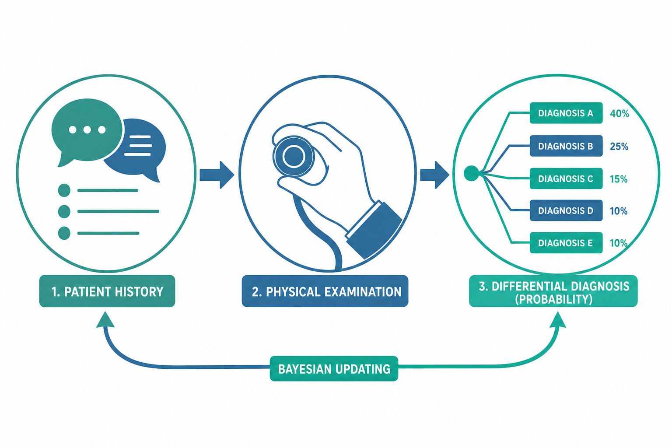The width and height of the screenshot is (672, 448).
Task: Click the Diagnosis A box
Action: coord(566,113)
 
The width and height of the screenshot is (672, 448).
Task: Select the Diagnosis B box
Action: coord(566,146)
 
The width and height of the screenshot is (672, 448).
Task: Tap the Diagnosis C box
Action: coord(566,178)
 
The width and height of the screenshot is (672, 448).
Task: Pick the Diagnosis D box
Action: coord(566,210)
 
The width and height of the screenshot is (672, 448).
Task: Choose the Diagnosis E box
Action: coord(566,243)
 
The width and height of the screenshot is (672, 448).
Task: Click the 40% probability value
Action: coord(619,113)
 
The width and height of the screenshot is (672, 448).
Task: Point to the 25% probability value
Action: coord(619,147)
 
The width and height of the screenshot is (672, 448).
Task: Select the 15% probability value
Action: coord(619,179)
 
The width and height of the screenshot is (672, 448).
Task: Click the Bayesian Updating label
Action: coord(334,369)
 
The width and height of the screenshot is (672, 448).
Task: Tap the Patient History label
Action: coord(107,291)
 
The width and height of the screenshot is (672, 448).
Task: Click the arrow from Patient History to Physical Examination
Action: coord(217,175)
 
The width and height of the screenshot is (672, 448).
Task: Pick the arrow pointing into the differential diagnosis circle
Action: coord(434,175)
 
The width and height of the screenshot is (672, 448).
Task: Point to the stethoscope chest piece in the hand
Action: coord(294,156)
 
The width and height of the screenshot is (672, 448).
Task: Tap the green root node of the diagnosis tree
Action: coord(471,173)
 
